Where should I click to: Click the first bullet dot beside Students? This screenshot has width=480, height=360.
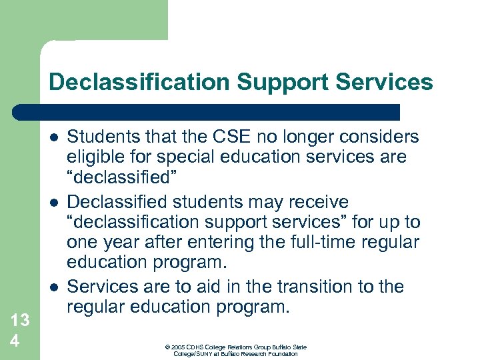[x=53, y=137]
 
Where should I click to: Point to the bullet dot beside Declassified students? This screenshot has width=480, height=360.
[x=53, y=202]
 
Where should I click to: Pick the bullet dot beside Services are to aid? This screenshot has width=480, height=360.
[x=53, y=287]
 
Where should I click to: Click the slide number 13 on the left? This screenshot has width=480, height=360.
[x=19, y=321]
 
